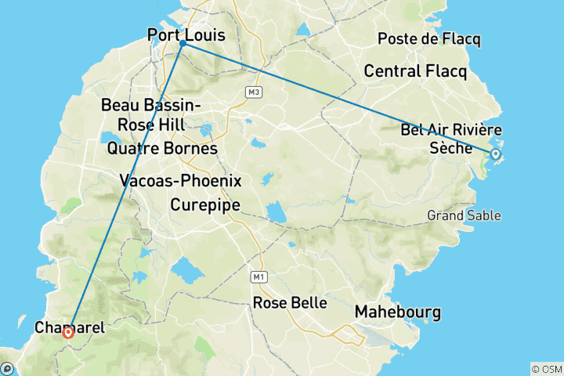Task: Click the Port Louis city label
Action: [186, 35]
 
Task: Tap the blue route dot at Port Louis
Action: [183, 44]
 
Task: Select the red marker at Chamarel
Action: [68, 332]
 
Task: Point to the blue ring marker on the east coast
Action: [495, 154]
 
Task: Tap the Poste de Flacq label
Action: [428, 39]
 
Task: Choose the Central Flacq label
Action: [415, 72]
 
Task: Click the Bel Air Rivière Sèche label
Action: [450, 138]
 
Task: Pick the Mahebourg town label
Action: [398, 312]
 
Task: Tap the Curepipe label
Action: [204, 205]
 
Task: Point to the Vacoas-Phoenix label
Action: [181, 180]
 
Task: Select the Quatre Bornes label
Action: [162, 148]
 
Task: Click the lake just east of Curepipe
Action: [276, 212]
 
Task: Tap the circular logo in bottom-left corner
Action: [7, 367]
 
